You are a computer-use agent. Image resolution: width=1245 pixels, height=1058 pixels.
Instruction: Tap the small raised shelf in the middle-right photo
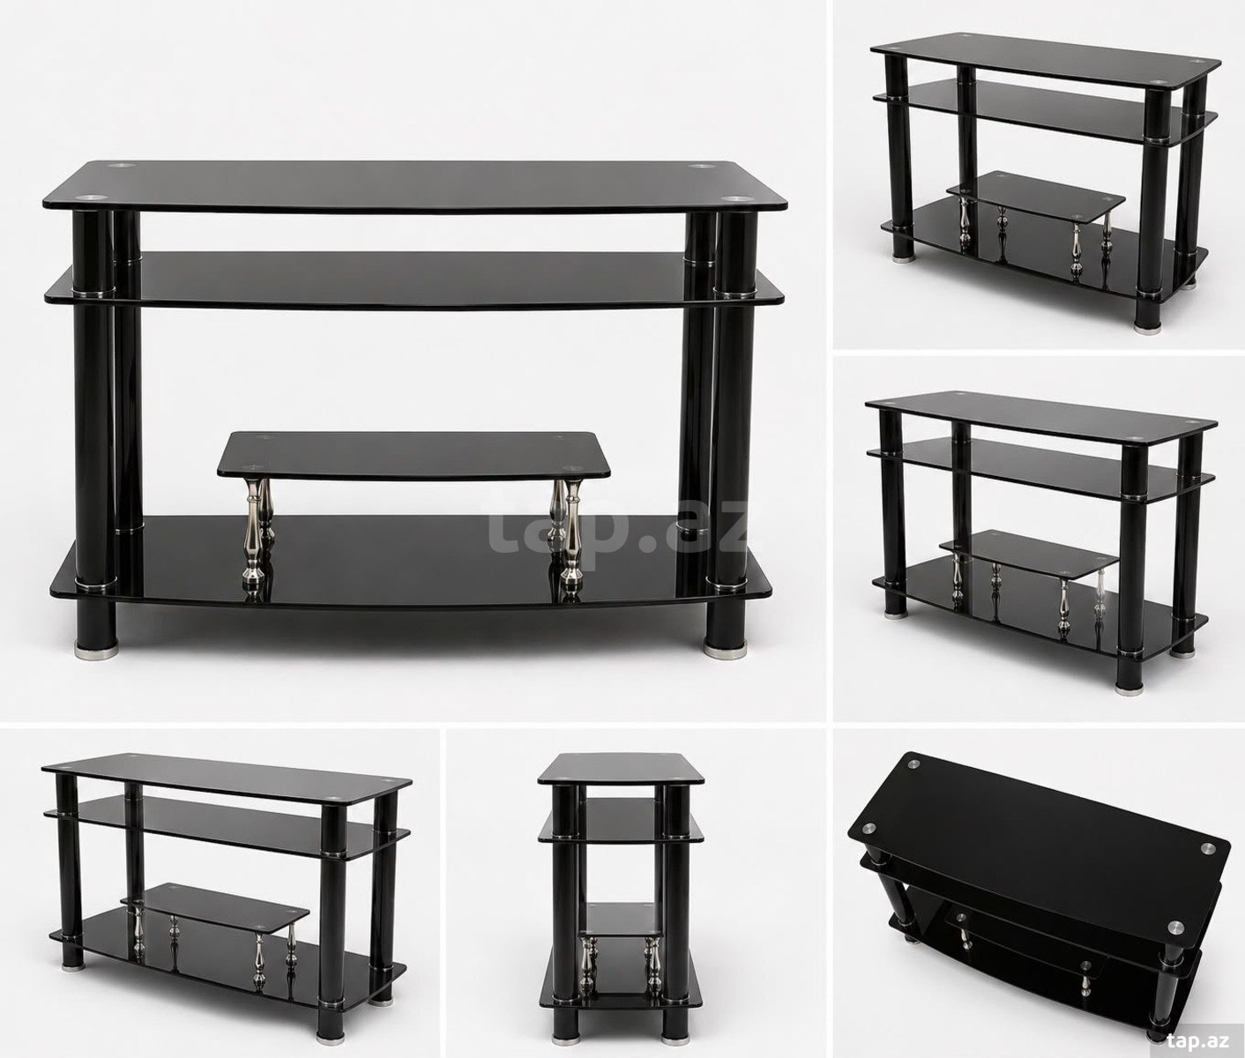1029,553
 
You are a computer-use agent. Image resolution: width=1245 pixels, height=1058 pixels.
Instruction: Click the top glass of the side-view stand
621,769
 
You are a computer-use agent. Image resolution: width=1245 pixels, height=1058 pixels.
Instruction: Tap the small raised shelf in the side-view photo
622,920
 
